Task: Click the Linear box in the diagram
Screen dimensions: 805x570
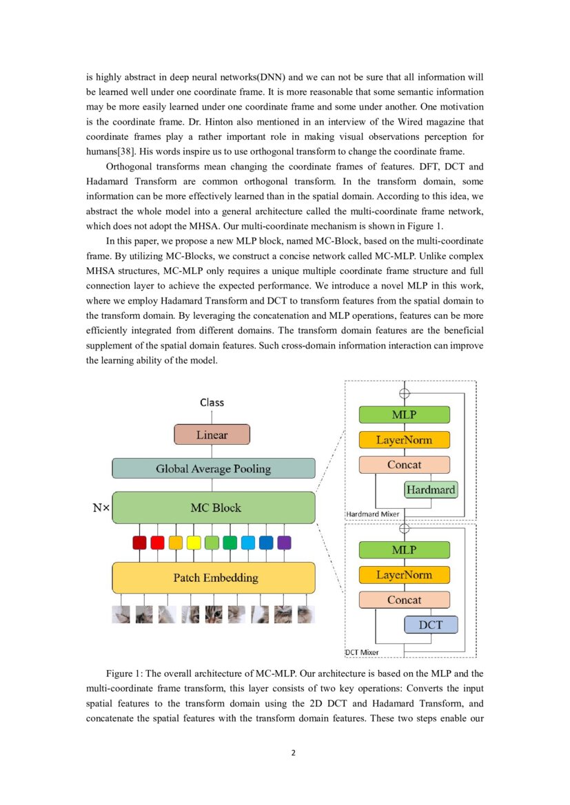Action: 211,435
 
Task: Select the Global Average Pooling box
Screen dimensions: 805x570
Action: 214,469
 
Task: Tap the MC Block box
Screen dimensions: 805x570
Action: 214,508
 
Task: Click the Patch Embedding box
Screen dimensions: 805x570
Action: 214,578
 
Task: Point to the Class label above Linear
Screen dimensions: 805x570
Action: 212,402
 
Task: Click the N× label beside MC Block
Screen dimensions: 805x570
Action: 101,509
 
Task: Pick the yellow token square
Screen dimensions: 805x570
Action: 194,543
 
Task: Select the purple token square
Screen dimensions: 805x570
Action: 284,543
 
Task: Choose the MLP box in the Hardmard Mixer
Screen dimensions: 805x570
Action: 404,415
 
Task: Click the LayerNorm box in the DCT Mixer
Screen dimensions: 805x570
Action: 404,575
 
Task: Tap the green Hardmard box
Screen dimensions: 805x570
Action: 431,490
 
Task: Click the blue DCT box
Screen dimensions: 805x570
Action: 431,625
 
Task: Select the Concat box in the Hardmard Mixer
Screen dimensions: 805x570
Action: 404,465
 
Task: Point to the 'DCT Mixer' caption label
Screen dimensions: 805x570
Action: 362,651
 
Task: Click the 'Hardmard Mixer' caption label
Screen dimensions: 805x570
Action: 372,514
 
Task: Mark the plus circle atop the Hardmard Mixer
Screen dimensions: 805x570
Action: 405,393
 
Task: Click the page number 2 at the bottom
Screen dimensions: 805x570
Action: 293,753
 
